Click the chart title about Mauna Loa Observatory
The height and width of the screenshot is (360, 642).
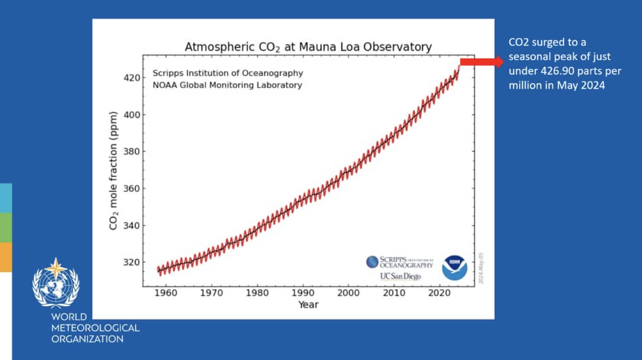308,46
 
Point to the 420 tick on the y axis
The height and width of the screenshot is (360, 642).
132,78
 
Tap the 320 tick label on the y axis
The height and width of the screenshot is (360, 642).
132,262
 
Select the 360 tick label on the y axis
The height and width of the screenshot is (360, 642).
132,188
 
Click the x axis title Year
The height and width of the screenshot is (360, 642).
308,305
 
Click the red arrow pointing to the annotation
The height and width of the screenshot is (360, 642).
482,61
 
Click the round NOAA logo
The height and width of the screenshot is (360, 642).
454,268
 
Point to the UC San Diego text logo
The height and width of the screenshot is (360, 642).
400,276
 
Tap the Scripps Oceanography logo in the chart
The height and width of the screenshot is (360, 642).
399,262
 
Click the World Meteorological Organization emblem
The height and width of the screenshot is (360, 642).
55,283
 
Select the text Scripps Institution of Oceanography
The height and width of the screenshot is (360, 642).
228,73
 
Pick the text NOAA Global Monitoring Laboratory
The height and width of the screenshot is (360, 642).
227,85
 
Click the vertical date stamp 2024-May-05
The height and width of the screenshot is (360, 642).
481,267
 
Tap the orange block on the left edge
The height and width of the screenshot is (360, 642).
6,257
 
